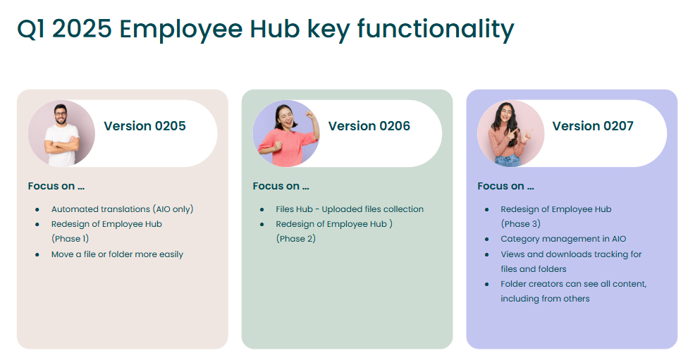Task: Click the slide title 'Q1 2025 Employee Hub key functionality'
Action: pyautogui.click(x=266, y=30)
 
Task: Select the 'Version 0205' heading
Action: pyautogui.click(x=145, y=126)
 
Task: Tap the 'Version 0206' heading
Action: pyautogui.click(x=369, y=126)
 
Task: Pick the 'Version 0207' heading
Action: pyautogui.click(x=593, y=126)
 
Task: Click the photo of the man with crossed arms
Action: pyautogui.click(x=61, y=134)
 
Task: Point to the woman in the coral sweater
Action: pyautogui.click(x=286, y=134)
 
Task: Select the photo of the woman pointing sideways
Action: pyautogui.click(x=511, y=134)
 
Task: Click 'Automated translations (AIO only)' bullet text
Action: pyautogui.click(x=123, y=209)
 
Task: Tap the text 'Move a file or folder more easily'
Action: pyautogui.click(x=117, y=254)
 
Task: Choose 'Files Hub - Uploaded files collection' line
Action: pyautogui.click(x=350, y=209)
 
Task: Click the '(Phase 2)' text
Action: pyautogui.click(x=296, y=239)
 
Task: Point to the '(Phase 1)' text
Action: pyautogui.click(x=70, y=239)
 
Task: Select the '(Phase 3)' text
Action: pyautogui.click(x=521, y=223)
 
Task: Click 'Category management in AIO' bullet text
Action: pyautogui.click(x=563, y=239)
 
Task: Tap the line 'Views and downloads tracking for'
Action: pyautogui.click(x=571, y=254)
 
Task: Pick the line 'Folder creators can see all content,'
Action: pyautogui.click(x=574, y=284)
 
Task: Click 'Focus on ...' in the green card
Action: pyautogui.click(x=281, y=186)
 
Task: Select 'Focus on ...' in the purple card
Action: pyautogui.click(x=505, y=186)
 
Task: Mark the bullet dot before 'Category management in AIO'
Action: pyautogui.click(x=486, y=240)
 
